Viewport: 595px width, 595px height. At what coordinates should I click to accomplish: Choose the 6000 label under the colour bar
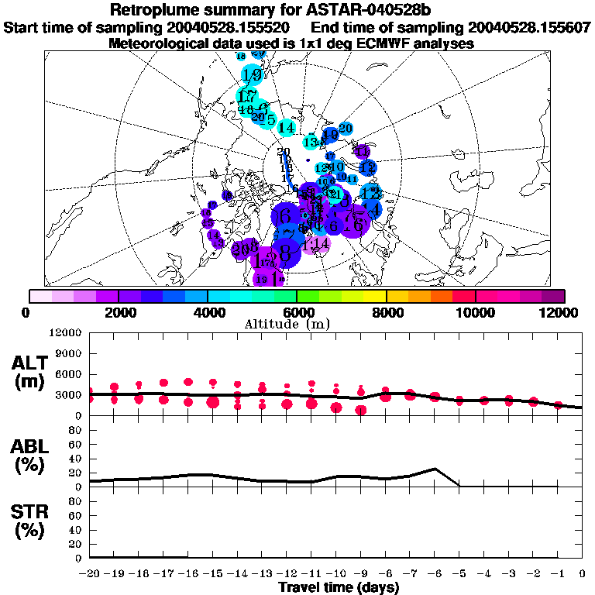(297, 312)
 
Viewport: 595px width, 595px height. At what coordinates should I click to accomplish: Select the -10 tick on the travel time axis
(335, 574)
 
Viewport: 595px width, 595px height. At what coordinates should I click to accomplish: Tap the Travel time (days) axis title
(339, 588)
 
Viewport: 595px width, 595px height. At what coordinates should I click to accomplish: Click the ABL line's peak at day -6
(435, 469)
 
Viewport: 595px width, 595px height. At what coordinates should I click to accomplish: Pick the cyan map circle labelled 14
(287, 127)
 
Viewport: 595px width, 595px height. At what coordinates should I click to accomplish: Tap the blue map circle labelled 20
(346, 128)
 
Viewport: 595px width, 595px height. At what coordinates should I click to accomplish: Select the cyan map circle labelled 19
(252, 75)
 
